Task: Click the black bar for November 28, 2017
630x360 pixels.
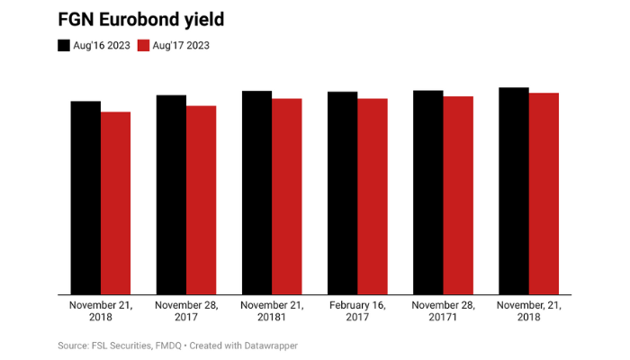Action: (171, 194)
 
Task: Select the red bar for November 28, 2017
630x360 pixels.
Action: (202, 200)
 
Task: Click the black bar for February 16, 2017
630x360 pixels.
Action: (342, 193)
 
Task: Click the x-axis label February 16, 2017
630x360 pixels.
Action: (357, 311)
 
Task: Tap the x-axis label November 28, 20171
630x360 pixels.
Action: (443, 311)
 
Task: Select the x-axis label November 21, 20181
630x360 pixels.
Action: (272, 311)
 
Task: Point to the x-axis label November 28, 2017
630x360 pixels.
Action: (186, 311)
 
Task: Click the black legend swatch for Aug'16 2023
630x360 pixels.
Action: (64, 44)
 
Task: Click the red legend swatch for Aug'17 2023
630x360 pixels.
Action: (143, 44)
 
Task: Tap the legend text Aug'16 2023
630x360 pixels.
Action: (102, 44)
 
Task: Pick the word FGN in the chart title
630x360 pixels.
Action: (77, 19)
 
